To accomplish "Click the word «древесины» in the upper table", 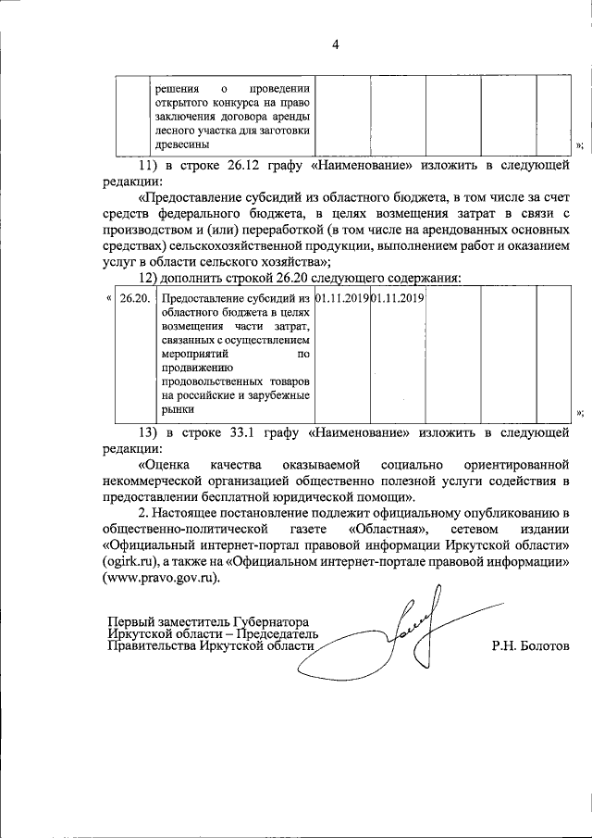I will tap(183, 144).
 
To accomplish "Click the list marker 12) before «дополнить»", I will tap(146, 278).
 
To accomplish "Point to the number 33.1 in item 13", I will tap(243, 432).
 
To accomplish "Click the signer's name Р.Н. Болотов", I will tap(531, 645).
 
